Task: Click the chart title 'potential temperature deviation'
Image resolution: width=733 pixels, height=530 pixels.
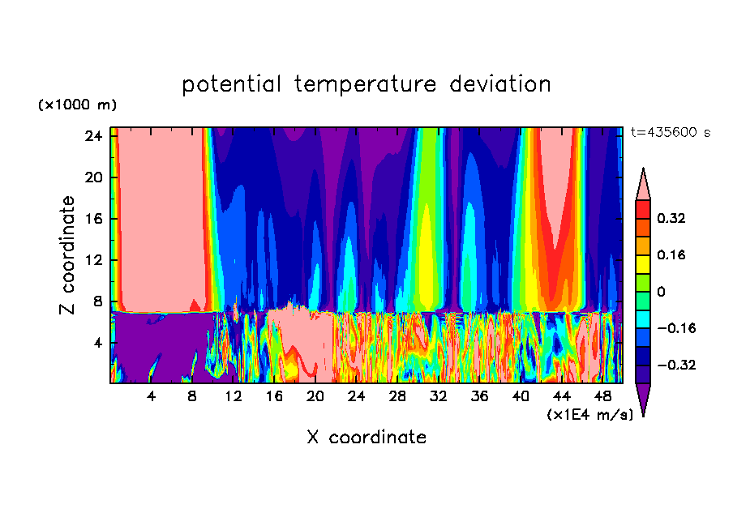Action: coord(366,84)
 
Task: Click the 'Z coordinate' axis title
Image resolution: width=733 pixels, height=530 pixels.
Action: coord(67,255)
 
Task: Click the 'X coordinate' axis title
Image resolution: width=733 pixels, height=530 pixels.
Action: coord(366,438)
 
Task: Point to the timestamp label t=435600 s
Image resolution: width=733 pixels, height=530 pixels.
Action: coord(670,133)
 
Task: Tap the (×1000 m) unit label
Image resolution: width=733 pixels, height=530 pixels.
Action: coord(77,105)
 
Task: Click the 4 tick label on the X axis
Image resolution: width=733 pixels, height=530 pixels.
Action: coord(152,397)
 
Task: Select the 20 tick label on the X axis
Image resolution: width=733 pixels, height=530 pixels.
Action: coord(315,397)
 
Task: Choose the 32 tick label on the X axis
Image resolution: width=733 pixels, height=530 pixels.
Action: coord(439,397)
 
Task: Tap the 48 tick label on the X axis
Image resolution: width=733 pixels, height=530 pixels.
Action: coord(602,397)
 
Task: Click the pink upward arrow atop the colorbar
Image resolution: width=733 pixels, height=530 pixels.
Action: coord(643,184)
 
